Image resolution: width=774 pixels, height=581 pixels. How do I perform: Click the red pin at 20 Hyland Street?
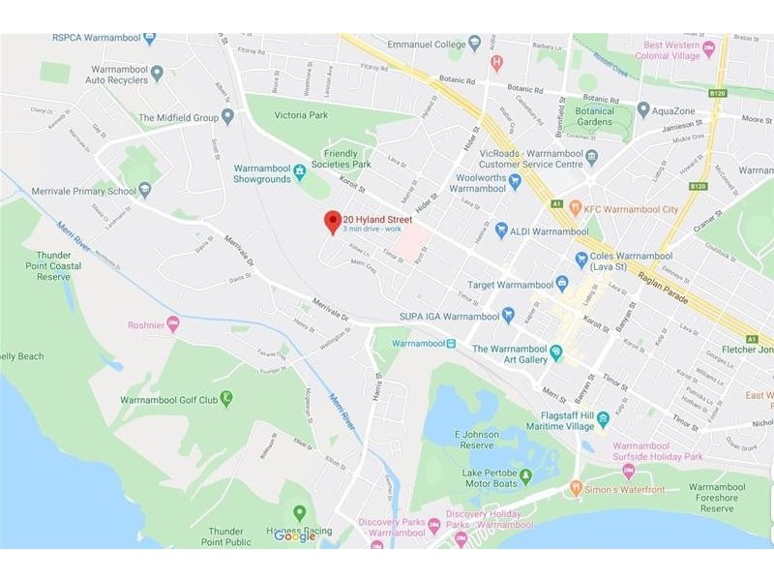coord(332,221)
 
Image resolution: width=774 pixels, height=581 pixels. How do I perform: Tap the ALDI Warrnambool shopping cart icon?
coord(501,230)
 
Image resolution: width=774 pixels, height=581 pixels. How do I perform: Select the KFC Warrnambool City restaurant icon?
coord(575,207)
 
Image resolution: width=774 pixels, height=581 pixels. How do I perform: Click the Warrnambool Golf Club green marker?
coord(226,398)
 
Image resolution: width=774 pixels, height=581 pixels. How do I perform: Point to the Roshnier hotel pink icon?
coord(173,324)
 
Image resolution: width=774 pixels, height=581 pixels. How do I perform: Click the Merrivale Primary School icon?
coord(145,191)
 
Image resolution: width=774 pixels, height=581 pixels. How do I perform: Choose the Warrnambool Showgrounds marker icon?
coord(300,172)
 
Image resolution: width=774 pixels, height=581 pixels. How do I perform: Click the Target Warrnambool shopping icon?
coord(562,284)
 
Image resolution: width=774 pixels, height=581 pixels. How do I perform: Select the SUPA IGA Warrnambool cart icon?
coord(508,315)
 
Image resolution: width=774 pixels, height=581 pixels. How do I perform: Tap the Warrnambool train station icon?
coord(451,344)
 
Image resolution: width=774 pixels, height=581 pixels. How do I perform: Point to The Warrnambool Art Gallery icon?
coord(556,352)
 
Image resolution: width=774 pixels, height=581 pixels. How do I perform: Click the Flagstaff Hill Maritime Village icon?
coord(603,419)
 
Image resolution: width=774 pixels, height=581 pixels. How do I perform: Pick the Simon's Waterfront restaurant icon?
coord(576,488)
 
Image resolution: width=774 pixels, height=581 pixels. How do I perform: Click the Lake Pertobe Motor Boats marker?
coord(525,475)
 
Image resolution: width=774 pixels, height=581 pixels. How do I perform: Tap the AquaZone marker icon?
coord(643,110)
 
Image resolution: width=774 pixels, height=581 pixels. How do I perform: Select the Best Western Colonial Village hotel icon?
coord(708,48)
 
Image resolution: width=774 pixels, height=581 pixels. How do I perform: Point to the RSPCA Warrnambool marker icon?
coord(149,39)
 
